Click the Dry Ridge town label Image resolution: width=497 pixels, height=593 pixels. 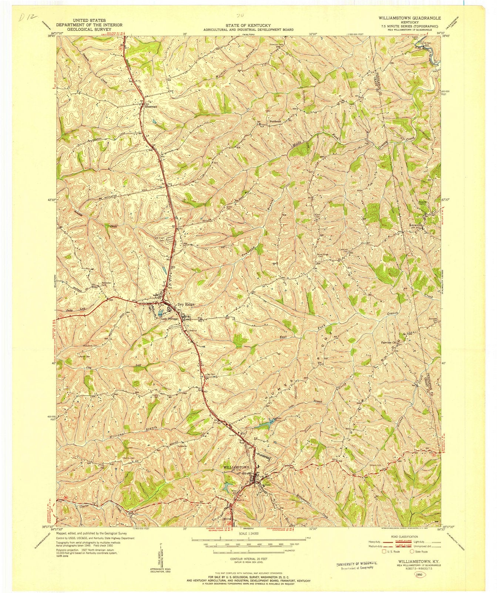pyautogui.click(x=186, y=305)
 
